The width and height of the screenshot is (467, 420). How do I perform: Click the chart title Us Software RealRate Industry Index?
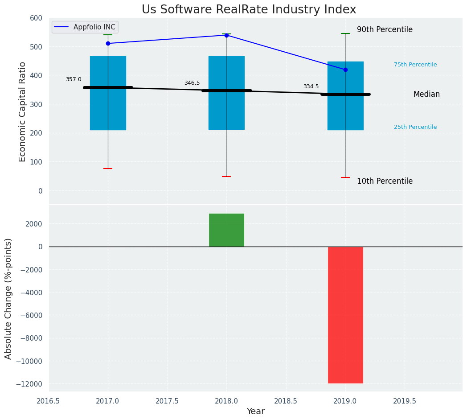tap(249, 10)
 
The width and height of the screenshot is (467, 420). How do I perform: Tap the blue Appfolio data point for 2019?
tap(345, 70)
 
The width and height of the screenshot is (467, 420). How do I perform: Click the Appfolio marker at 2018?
tap(226, 35)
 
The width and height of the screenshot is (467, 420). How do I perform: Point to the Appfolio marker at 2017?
tap(108, 43)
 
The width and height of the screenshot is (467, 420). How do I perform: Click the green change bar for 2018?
tap(226, 230)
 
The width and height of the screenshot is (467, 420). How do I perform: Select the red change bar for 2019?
tap(345, 315)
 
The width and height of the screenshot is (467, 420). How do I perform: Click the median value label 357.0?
tap(74, 79)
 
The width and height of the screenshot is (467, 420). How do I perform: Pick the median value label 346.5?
tap(192, 83)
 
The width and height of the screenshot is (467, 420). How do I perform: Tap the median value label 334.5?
tap(311, 86)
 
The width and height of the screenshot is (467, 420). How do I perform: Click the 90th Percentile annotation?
tap(385, 30)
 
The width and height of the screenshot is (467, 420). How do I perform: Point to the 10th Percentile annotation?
tap(385, 181)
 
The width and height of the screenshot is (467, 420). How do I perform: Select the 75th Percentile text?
tap(415, 65)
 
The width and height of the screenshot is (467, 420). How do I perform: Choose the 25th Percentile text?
tap(415, 127)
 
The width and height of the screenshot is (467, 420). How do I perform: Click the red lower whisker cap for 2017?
tap(108, 169)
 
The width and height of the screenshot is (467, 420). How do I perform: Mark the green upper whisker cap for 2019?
tap(345, 33)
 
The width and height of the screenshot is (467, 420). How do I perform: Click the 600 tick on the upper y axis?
tap(37, 18)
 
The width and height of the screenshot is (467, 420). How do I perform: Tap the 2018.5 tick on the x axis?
tap(286, 401)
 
